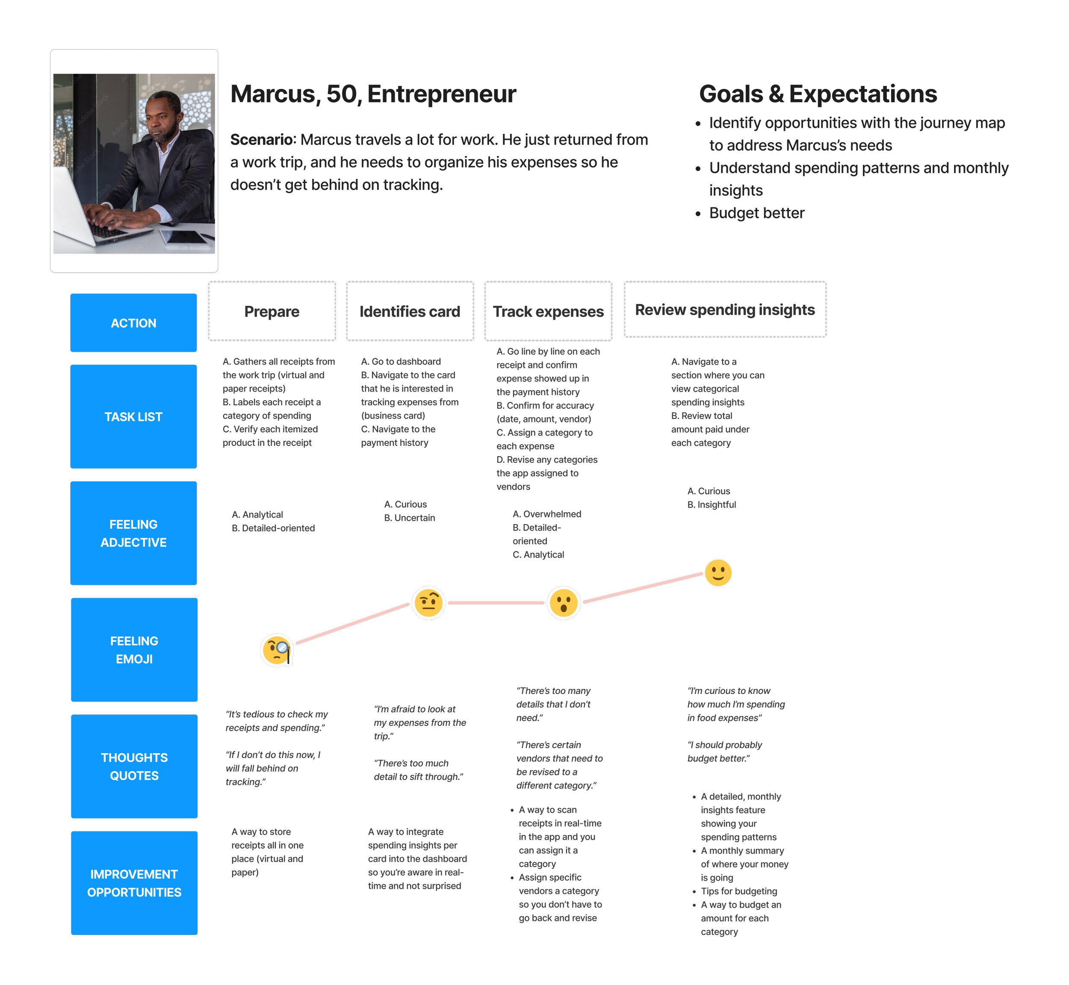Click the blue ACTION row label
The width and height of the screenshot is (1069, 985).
(x=133, y=323)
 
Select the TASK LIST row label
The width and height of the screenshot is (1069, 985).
(x=133, y=417)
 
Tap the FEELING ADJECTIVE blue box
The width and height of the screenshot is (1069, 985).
(x=133, y=533)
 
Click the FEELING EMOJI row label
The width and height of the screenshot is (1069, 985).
(x=134, y=650)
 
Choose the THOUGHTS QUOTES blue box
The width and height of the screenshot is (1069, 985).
(x=134, y=767)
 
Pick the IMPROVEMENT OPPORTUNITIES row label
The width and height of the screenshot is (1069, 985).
(x=134, y=883)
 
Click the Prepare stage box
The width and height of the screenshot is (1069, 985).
(x=272, y=311)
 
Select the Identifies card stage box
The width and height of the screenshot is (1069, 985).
(x=410, y=311)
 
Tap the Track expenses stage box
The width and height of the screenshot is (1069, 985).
(x=548, y=311)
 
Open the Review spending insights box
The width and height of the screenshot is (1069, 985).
(x=725, y=310)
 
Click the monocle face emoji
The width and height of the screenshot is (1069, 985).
(x=277, y=650)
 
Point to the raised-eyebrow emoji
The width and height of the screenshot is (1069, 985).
(x=428, y=603)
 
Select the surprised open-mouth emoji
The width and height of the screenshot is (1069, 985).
(x=564, y=603)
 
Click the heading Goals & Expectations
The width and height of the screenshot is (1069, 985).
(x=818, y=94)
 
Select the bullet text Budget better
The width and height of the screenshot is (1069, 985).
(x=756, y=213)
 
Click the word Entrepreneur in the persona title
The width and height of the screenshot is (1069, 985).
(x=442, y=94)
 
